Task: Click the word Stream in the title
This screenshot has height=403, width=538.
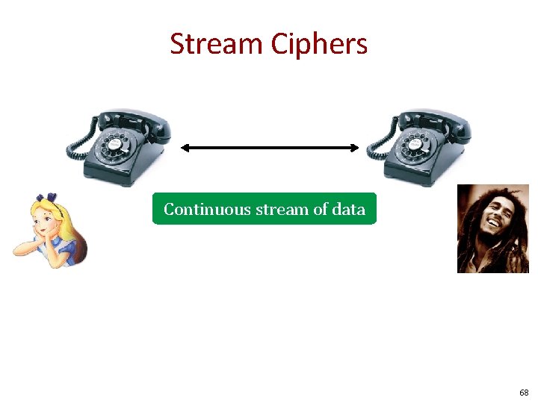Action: [217, 44]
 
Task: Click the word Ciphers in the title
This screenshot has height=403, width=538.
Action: [319, 44]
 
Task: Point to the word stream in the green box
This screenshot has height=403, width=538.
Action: [282, 209]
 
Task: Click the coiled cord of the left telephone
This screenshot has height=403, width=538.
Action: [78, 146]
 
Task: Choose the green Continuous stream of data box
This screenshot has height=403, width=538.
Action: [265, 209]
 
